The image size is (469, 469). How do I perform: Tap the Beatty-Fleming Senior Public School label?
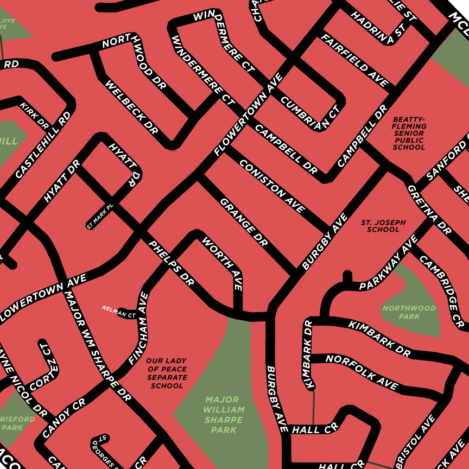pyautogui.click(x=409, y=133)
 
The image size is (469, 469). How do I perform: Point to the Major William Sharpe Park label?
pyautogui.click(x=224, y=415)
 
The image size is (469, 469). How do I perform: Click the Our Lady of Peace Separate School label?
pyautogui.click(x=167, y=373)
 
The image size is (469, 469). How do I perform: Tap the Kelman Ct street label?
pyautogui.click(x=119, y=312)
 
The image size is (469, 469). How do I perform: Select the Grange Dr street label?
pyautogui.click(x=244, y=222)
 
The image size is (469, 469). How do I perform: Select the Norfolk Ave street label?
pyautogui.click(x=362, y=371)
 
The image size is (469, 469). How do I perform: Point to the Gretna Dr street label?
pyautogui.click(x=429, y=209)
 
